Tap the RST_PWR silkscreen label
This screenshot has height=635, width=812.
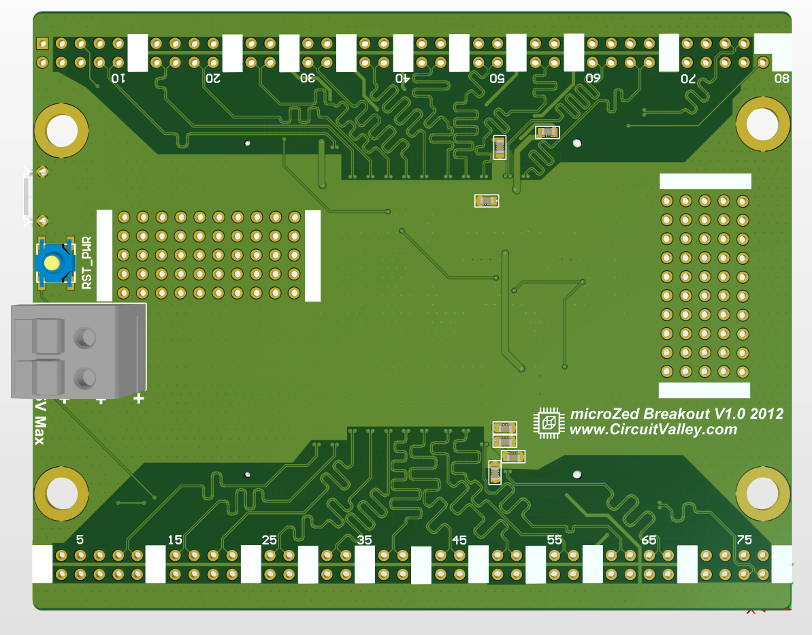(87, 263)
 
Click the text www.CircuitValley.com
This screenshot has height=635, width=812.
(653, 429)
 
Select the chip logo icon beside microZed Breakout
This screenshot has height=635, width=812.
(549, 423)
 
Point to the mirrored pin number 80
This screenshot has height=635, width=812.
(782, 79)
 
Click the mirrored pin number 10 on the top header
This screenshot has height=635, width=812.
(118, 79)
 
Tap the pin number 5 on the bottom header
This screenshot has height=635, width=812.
(80, 540)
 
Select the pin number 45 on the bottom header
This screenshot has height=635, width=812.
(459, 540)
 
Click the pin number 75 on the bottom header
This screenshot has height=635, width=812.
(744, 540)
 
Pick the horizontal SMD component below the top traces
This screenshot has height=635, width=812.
(487, 200)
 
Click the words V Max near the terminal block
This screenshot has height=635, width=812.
(39, 422)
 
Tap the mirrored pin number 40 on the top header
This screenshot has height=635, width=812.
(402, 79)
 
